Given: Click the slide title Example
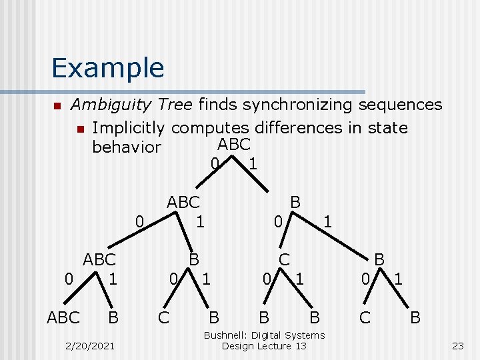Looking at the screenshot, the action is click(x=107, y=68).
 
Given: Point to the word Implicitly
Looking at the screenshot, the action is click(x=129, y=127).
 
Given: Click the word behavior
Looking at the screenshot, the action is click(x=127, y=147).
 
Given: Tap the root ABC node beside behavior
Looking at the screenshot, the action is click(x=233, y=145).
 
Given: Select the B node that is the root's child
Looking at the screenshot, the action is click(x=295, y=202).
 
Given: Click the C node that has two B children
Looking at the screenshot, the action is click(x=284, y=259).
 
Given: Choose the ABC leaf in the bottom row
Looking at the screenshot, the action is click(x=63, y=317).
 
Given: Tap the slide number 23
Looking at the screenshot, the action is click(x=457, y=345).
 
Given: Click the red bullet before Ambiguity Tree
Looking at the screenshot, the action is click(x=57, y=105).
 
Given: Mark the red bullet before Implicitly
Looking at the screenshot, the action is click(x=80, y=128).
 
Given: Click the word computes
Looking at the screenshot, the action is click(x=217, y=127).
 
